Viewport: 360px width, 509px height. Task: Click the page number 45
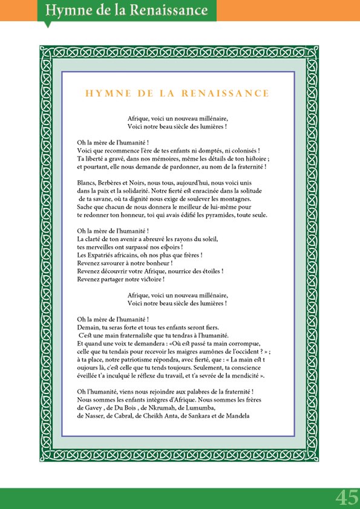point(347,498)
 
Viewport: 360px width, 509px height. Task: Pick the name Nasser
point(93,416)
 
